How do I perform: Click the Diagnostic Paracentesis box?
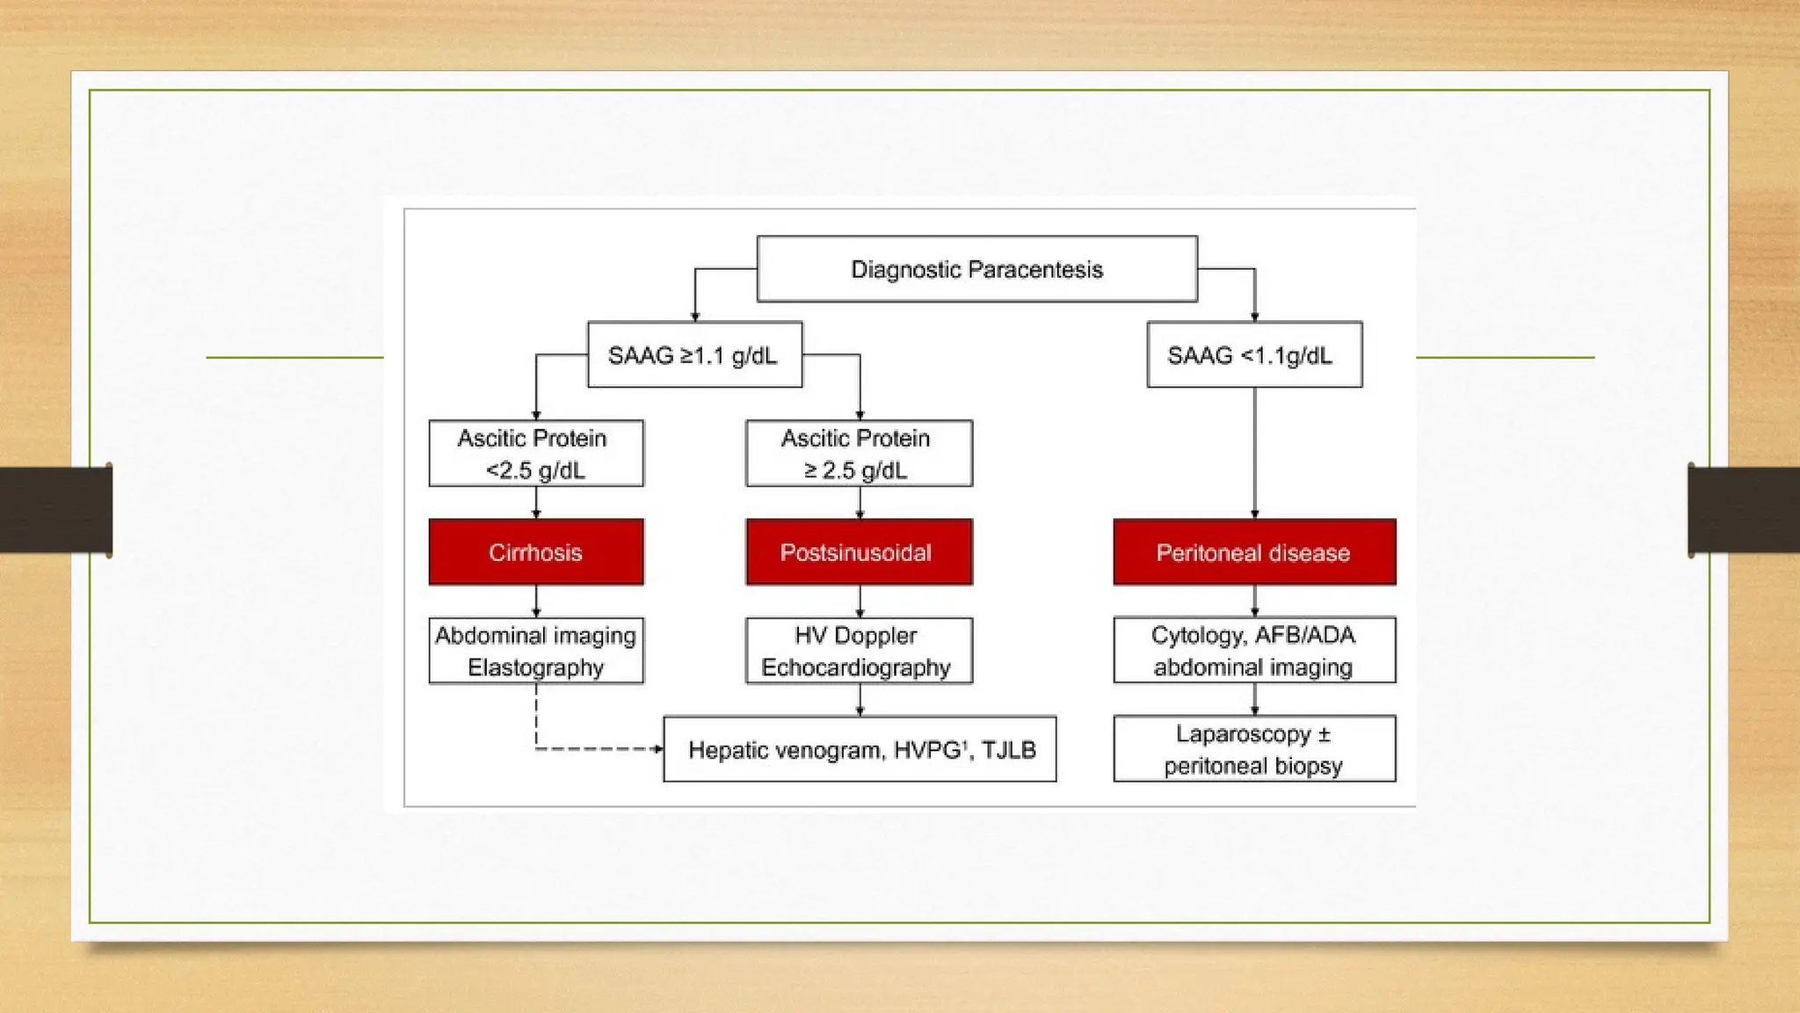click(976, 269)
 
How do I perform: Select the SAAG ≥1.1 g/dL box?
click(694, 354)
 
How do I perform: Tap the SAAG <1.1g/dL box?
click(1254, 354)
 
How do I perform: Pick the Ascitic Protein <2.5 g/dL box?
click(536, 453)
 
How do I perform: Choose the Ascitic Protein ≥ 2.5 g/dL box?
click(860, 453)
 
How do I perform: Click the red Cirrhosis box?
click(536, 552)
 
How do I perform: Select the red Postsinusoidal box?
click(860, 552)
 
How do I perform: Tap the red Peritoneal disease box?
click(1254, 552)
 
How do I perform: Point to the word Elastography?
click(536, 667)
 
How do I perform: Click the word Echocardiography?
click(856, 667)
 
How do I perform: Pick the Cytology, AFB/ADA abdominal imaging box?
click(1254, 651)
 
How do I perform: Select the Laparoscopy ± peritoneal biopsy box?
click(1254, 749)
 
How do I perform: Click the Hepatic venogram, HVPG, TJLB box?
click(860, 749)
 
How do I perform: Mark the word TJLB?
click(1009, 750)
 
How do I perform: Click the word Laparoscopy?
click(1244, 734)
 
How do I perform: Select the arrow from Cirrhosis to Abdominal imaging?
click(536, 601)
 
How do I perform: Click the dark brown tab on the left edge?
click(56, 510)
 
